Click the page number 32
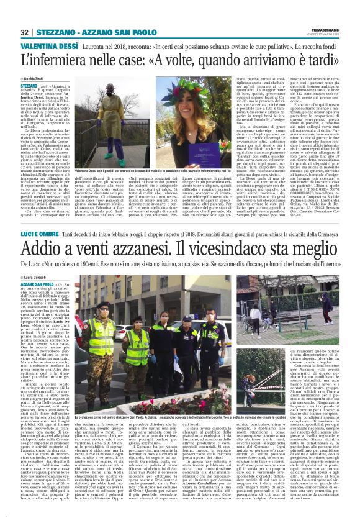[25, 32]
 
